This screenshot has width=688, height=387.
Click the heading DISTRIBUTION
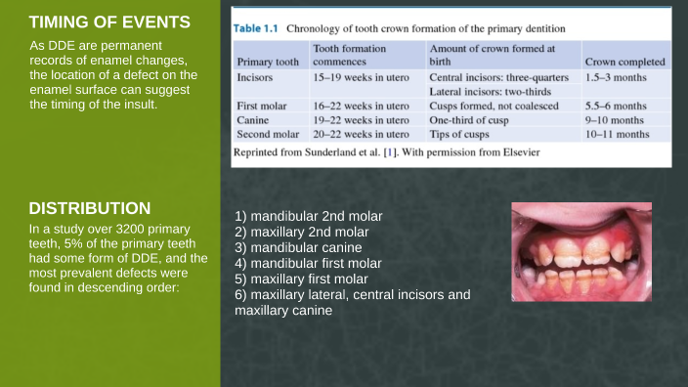[89, 208]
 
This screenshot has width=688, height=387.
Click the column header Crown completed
[625, 62]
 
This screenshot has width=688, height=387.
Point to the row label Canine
[253, 119]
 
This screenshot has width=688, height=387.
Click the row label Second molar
[268, 134]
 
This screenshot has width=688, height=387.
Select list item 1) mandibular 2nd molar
[309, 215]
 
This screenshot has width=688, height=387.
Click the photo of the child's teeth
[581, 252]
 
